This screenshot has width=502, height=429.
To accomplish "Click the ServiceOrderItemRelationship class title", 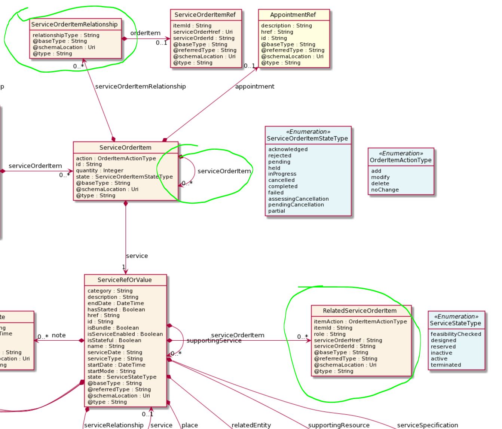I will [74, 24].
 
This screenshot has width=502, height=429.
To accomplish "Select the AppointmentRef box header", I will [293, 15].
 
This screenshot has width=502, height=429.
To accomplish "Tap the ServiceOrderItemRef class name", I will [205, 15].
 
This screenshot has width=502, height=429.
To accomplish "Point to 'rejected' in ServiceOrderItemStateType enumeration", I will [279, 155].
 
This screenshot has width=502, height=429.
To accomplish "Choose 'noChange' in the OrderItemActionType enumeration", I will [385, 190].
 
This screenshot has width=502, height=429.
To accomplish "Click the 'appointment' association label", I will [254, 86].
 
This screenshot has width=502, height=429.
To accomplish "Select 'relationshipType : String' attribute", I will [66, 35].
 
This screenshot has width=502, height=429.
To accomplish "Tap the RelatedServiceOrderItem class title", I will [359, 311].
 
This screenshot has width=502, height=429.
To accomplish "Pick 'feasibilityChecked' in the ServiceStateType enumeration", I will [456, 334].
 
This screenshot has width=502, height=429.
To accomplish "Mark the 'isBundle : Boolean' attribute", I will [113, 328].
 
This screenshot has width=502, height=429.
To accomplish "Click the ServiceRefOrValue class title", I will [125, 280].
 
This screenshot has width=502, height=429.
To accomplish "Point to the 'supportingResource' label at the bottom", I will [339, 425].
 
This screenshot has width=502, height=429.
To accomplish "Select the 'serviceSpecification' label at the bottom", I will [427, 425].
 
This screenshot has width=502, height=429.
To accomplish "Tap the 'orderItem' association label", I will [145, 33].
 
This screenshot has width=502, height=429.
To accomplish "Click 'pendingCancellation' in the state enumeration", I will [296, 205].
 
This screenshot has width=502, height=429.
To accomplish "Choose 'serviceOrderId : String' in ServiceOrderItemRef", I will [203, 38].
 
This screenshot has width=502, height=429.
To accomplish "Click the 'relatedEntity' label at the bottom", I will [251, 425].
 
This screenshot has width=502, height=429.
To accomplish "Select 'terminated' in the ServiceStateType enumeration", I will [446, 365].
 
